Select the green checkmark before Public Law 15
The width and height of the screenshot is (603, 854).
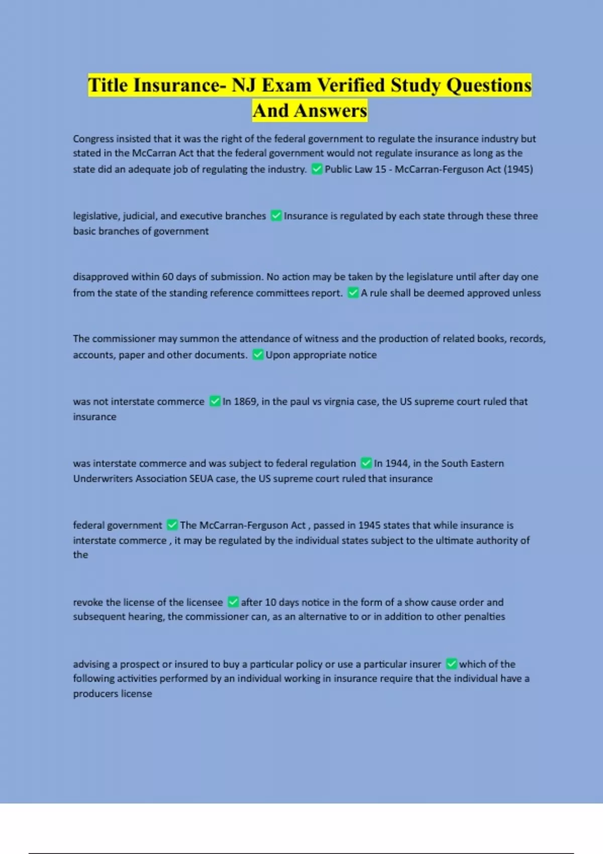pyautogui.click(x=317, y=169)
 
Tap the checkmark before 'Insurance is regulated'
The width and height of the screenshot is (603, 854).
pyautogui.click(x=276, y=216)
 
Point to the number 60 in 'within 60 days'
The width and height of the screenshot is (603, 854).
pyautogui.click(x=168, y=277)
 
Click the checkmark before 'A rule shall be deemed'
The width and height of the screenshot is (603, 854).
pyautogui.click(x=353, y=293)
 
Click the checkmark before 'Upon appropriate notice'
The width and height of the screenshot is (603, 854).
pyautogui.click(x=257, y=355)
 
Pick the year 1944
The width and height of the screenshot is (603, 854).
pyautogui.click(x=397, y=463)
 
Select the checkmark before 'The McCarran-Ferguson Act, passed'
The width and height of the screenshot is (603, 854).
pyautogui.click(x=172, y=525)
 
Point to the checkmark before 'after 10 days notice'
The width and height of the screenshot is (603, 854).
pyautogui.click(x=233, y=602)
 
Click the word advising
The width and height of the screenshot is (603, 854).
pyautogui.click(x=91, y=664)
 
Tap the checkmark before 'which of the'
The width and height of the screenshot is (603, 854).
pyautogui.click(x=451, y=664)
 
